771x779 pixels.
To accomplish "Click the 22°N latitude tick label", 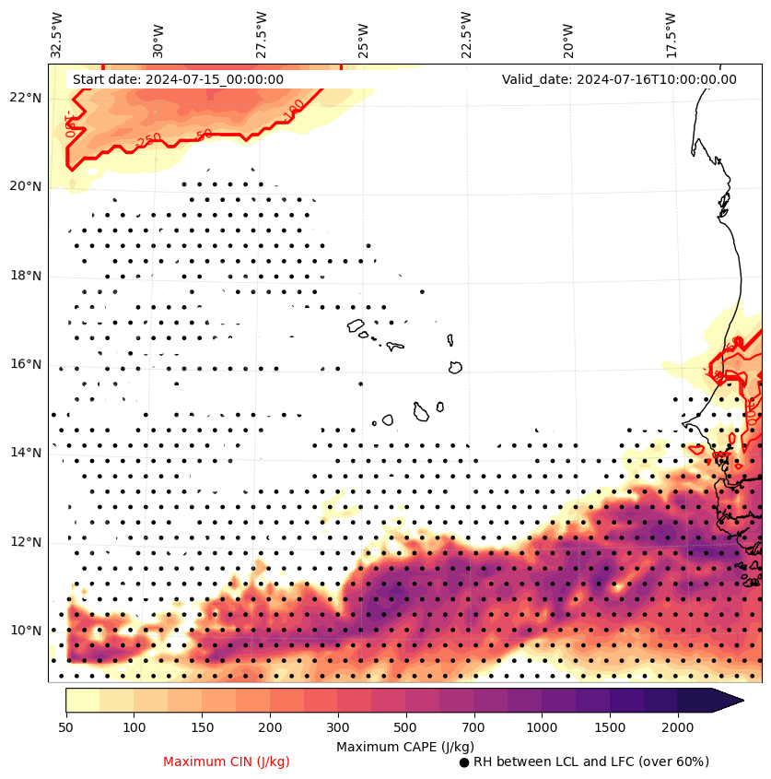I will (x=25, y=98).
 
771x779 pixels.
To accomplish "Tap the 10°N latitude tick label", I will (x=25, y=631).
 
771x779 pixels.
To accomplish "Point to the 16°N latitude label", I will (x=25, y=364).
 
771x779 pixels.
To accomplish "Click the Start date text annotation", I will (x=178, y=79).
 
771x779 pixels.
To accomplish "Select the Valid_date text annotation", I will (x=619, y=79).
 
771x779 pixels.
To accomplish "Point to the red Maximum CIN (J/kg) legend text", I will (x=227, y=761).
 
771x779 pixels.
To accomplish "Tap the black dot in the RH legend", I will (x=464, y=762).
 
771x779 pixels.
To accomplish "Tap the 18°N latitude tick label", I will (x=25, y=276).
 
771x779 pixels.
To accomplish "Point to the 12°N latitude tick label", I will (x=25, y=542).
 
